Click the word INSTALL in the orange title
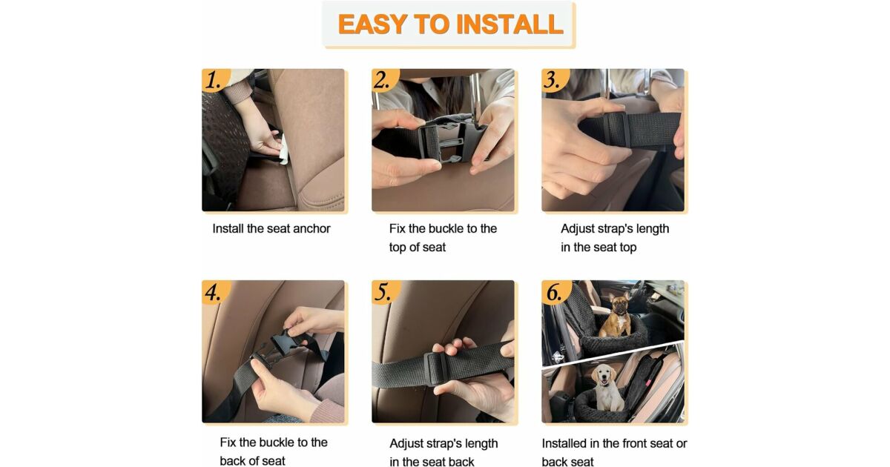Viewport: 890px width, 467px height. [x=510, y=24]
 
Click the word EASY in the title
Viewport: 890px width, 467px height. [x=372, y=24]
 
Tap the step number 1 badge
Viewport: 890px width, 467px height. [x=215, y=80]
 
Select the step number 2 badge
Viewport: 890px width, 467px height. [x=385, y=80]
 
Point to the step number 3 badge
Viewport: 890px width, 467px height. [x=555, y=80]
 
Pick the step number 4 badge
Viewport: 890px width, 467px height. [x=215, y=292]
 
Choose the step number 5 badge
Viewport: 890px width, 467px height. [x=386, y=292]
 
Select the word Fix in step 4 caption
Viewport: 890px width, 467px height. [x=228, y=443]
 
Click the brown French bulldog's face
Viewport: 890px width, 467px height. [x=620, y=305]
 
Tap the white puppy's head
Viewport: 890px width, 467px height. [x=604, y=375]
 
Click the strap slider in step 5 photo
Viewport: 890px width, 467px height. [x=435, y=368]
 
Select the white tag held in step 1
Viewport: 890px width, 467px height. [x=283, y=150]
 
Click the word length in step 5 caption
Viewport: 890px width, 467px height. [x=481, y=444]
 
